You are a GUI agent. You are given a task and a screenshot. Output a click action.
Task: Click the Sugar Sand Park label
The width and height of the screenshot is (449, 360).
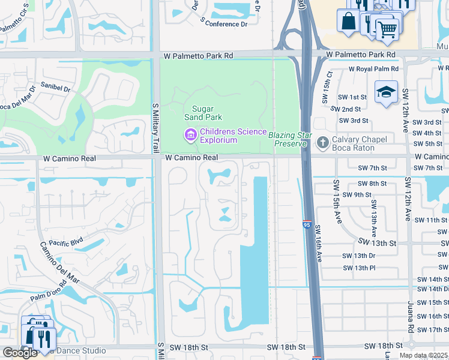[x=203, y=113]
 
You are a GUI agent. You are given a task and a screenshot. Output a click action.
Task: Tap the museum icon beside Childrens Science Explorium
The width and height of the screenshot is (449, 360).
[x=191, y=135]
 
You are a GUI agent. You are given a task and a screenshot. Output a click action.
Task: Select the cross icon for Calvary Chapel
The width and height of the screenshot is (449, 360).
[x=322, y=142]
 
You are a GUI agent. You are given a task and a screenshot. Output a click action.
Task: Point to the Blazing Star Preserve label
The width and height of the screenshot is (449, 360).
[x=290, y=139]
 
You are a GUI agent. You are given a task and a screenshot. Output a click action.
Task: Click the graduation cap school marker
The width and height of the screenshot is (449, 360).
[x=387, y=92]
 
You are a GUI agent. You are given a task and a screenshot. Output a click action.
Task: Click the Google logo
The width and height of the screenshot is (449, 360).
[x=20, y=353]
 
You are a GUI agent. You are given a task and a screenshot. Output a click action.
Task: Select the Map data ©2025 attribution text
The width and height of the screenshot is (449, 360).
[x=423, y=355]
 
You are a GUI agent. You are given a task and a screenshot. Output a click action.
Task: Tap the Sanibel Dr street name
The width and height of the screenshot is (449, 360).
[x=55, y=88]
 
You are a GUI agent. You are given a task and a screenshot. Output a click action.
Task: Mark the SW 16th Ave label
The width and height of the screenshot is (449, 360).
[x=319, y=242]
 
